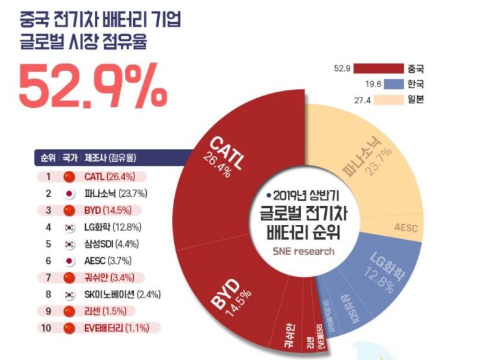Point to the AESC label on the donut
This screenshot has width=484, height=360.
408,227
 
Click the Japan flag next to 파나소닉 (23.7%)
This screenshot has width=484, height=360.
68,193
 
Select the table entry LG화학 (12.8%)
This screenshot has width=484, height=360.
112,227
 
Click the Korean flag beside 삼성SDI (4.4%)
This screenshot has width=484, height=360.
68,244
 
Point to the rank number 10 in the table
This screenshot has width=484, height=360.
46,328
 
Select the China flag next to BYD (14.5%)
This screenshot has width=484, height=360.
68,210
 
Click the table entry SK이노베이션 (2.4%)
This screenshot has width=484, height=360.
122,294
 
